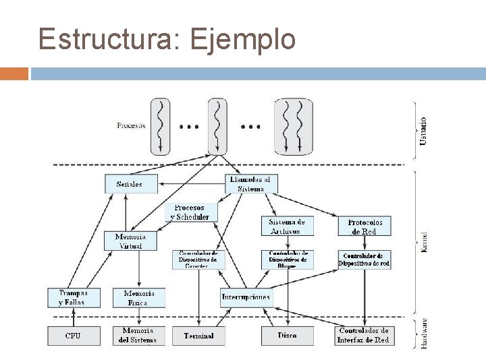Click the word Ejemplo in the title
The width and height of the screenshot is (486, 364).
click(x=243, y=39)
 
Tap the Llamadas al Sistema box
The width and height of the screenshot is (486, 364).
click(x=250, y=184)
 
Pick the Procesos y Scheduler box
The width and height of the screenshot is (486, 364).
click(x=192, y=212)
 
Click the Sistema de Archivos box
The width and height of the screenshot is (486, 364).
click(x=287, y=226)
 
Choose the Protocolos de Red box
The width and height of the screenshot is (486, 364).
click(x=364, y=226)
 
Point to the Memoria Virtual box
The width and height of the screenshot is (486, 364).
click(x=130, y=241)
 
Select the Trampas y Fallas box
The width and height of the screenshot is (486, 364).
click(x=73, y=298)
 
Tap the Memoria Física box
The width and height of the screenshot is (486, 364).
click(x=139, y=298)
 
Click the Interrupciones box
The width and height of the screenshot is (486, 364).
click(x=246, y=297)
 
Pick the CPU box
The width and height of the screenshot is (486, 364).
click(x=73, y=335)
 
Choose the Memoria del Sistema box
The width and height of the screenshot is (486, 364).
click(x=138, y=335)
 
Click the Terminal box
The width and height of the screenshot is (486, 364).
click(x=198, y=335)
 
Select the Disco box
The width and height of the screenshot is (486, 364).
click(x=287, y=335)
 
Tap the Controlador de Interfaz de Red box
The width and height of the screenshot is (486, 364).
click(x=364, y=335)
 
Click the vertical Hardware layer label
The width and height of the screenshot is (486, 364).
click(x=423, y=332)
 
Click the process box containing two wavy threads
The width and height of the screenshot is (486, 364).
click(x=294, y=127)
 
